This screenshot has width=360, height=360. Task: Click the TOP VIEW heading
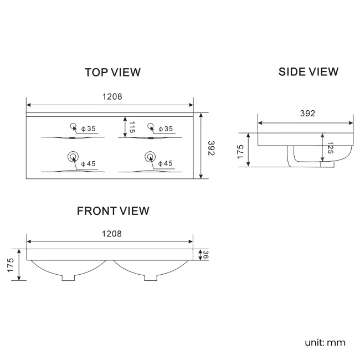(x=112, y=73)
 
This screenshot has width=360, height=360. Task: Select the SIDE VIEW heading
(x=308, y=71)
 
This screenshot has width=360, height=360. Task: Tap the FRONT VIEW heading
(x=113, y=211)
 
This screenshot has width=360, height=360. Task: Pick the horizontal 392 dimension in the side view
(x=307, y=114)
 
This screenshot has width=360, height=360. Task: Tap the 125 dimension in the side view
(x=330, y=148)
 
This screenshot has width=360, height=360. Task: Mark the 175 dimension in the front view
(x=10, y=265)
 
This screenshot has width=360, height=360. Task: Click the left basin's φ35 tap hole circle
(x=73, y=125)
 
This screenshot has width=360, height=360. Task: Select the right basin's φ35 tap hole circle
(x=150, y=125)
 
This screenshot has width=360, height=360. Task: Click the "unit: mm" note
(x=325, y=342)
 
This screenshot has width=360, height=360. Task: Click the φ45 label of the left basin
(x=89, y=164)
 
